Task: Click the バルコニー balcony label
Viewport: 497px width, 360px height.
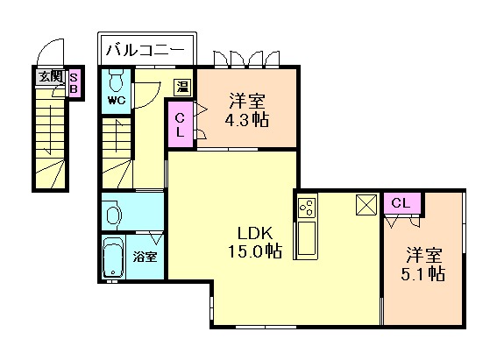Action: [146, 50]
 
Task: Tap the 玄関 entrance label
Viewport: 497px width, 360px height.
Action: [51, 76]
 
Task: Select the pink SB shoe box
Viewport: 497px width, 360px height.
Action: [74, 83]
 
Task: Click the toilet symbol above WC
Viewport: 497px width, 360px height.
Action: [117, 81]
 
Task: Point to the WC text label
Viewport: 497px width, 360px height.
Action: [117, 101]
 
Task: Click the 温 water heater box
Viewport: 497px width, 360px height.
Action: [182, 87]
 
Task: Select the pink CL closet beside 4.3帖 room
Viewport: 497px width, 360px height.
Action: [180, 124]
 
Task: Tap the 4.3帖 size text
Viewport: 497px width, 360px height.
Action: [247, 120]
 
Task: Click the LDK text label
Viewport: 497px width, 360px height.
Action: [255, 233]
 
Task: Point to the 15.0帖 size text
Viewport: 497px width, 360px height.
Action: [255, 251]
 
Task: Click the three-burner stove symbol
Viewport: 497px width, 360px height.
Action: [307, 208]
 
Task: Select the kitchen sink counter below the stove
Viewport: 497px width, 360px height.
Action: [306, 239]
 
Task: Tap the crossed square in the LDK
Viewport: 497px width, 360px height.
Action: [366, 205]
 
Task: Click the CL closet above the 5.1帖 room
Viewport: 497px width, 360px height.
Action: [402, 203]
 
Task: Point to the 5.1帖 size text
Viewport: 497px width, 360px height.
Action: [423, 274]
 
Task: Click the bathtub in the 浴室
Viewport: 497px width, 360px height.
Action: [113, 258]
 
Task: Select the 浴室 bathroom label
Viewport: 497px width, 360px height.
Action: [145, 257]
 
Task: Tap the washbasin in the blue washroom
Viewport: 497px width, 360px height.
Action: [114, 215]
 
